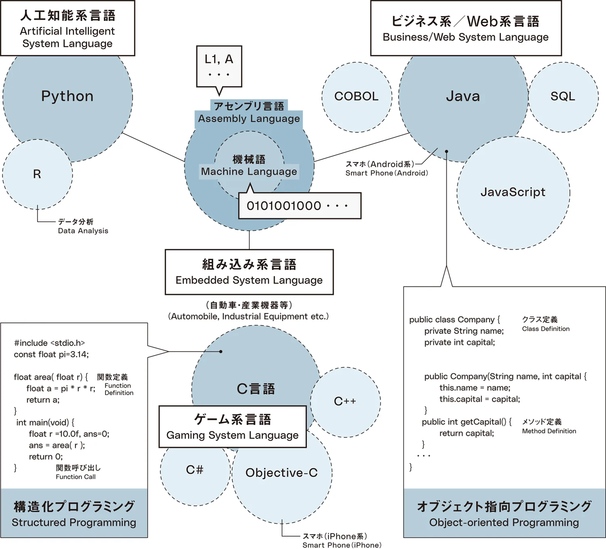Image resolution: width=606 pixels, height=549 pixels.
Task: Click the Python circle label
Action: tap(67, 96)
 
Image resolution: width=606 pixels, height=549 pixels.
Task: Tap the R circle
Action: tap(37, 174)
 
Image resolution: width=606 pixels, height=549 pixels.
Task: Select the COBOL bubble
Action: tap(356, 97)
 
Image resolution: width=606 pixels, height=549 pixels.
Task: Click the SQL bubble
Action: tap(563, 97)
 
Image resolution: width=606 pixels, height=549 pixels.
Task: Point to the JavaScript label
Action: tap(513, 192)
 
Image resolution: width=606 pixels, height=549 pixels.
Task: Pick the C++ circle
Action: tap(345, 402)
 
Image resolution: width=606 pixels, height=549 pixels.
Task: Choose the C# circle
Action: tap(195, 470)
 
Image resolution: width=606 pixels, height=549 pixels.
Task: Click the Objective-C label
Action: tap(282, 473)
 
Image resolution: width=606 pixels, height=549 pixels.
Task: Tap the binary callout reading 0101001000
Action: tap(299, 206)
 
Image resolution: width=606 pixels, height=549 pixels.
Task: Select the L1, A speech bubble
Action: tap(219, 65)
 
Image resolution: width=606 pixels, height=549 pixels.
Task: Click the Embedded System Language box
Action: tap(249, 272)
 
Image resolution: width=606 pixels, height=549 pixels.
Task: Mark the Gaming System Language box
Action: tap(233, 427)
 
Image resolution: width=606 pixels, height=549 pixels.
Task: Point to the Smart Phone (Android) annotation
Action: tap(387, 168)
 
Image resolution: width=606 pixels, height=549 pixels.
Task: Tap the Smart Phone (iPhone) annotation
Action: tap(342, 541)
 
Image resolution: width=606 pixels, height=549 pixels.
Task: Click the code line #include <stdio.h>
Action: tap(49, 343)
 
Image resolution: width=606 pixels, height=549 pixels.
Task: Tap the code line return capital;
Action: tap(467, 433)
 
